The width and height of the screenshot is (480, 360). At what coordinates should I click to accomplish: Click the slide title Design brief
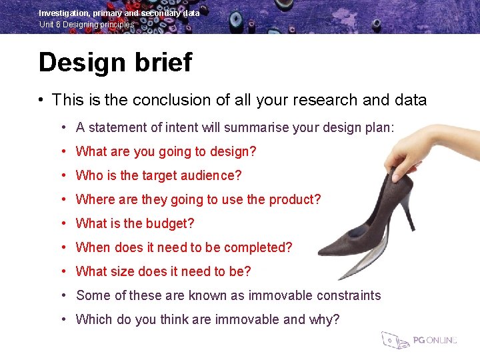(x=115, y=63)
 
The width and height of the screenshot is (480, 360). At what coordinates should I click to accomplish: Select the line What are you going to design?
(x=166, y=151)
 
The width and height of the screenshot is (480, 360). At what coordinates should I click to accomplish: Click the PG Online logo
(x=420, y=339)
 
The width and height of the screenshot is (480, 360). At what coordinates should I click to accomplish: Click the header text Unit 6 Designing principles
(x=87, y=25)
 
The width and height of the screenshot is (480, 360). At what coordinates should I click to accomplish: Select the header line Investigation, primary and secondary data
(x=119, y=13)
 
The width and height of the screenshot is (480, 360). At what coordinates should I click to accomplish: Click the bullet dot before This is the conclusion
(x=41, y=101)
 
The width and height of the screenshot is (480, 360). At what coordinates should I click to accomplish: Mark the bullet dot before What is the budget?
(x=63, y=224)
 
